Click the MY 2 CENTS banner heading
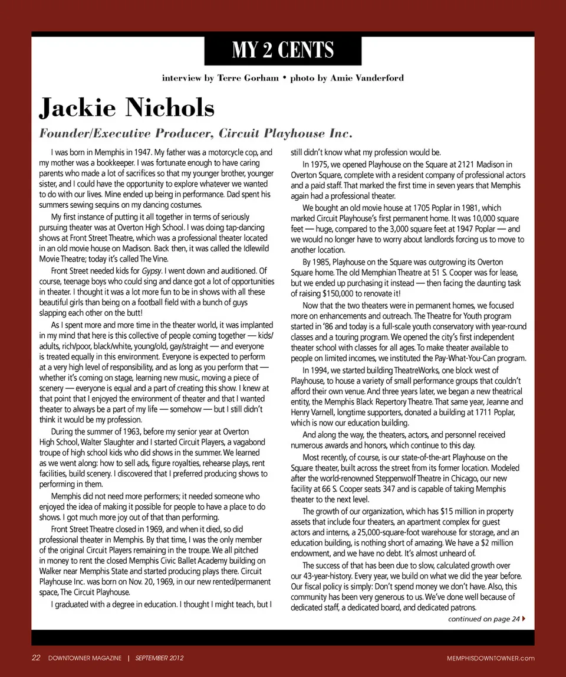pos(283,50)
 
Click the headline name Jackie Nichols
pos(127,108)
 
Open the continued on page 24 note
pos(483,619)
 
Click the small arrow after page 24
pos(524,619)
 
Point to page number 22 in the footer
pos(35,658)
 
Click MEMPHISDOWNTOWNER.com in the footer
pos(491,658)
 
